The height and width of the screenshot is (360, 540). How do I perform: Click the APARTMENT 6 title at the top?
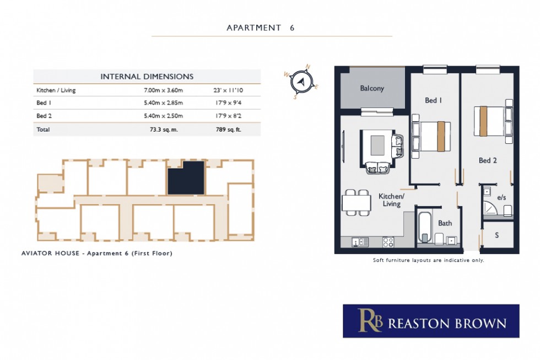261,28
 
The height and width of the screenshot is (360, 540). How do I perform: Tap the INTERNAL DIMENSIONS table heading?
147,77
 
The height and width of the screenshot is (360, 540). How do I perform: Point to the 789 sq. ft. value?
228,130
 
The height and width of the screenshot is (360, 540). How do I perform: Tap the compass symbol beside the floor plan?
301,82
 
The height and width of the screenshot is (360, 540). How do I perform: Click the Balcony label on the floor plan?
372,88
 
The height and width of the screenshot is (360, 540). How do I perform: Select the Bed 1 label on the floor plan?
434,100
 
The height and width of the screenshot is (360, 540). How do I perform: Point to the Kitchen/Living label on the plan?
391,200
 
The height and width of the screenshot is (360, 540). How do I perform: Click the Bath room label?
445,223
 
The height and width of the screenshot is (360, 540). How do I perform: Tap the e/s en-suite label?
501,197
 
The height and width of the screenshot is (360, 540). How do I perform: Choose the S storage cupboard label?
496,235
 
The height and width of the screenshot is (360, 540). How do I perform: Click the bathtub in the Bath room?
424,228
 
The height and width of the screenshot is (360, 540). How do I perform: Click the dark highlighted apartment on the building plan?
186,178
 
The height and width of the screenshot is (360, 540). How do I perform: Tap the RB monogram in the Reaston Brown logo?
370,321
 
